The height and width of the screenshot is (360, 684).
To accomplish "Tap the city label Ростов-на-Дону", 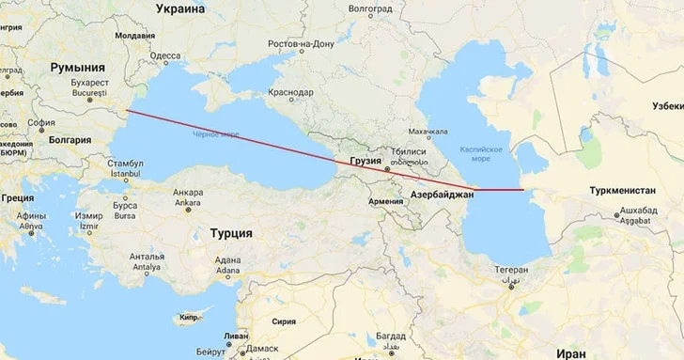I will pos(301,44).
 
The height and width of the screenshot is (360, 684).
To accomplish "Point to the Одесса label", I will pos(165,55).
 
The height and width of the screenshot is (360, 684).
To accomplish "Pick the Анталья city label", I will pos(148,256).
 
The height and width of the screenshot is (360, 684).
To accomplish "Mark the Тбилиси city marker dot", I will pos(386,168).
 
